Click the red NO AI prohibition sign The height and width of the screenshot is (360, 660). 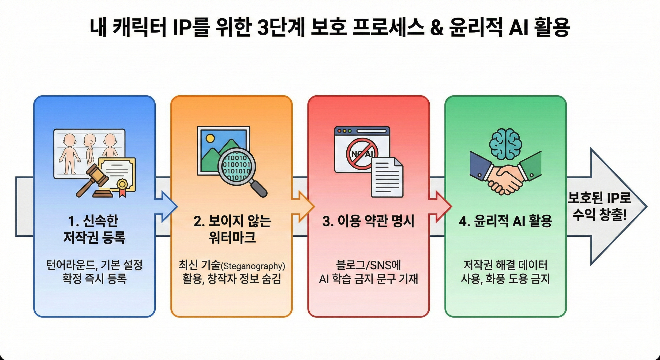[362, 154]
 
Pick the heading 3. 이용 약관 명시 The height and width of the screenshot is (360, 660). [368, 221]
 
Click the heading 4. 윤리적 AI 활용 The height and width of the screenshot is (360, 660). [505, 221]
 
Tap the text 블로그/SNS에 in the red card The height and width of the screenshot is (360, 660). [368, 265]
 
